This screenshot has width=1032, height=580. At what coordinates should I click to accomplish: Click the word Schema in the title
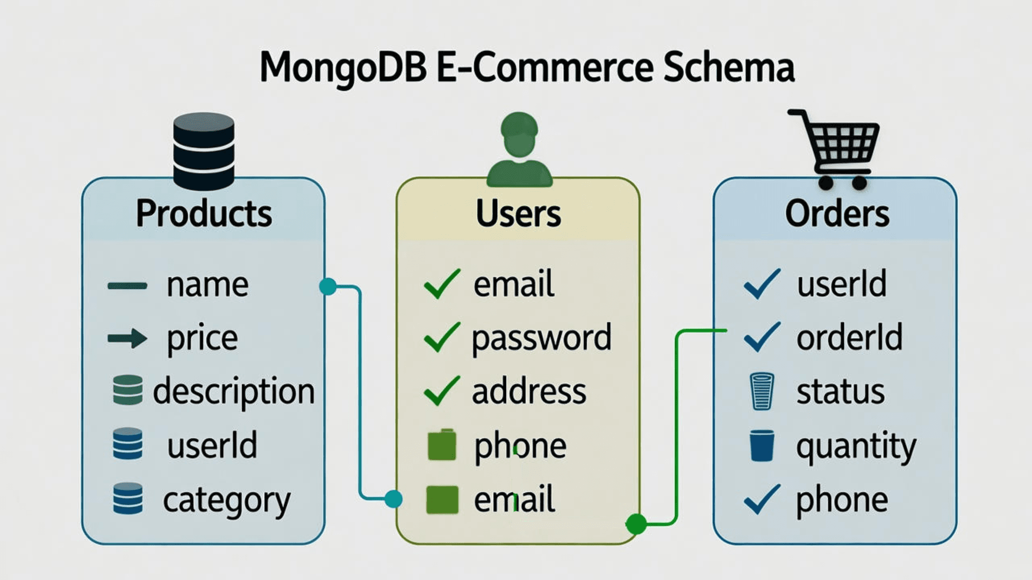point(728,68)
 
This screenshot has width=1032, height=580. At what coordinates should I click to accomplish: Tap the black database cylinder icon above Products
point(204,151)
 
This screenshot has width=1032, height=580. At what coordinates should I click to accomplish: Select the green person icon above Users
point(519,149)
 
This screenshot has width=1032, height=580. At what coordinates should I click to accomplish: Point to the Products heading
point(204,213)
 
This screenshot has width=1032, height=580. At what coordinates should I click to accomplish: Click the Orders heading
point(837,213)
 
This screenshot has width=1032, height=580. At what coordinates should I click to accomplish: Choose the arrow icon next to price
point(127,338)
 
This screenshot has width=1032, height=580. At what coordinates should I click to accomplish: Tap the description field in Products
point(234,392)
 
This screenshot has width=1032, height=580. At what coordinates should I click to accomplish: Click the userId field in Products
point(212,445)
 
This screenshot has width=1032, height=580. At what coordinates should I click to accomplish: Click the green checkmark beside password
point(442,337)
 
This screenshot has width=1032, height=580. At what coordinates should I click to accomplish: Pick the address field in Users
point(529,392)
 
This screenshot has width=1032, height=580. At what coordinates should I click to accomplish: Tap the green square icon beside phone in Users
point(442,445)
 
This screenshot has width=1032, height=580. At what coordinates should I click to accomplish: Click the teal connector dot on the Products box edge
point(327,286)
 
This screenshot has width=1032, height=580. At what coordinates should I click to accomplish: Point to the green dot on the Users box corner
point(636,524)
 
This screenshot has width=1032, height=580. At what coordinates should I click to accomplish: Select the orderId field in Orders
point(849,337)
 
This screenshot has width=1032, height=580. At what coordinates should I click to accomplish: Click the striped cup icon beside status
point(762,392)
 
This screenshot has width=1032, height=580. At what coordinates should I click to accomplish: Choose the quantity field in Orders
point(856,446)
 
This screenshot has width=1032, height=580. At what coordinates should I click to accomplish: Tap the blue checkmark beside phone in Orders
point(762,499)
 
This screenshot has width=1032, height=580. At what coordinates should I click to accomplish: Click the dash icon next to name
point(127,286)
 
